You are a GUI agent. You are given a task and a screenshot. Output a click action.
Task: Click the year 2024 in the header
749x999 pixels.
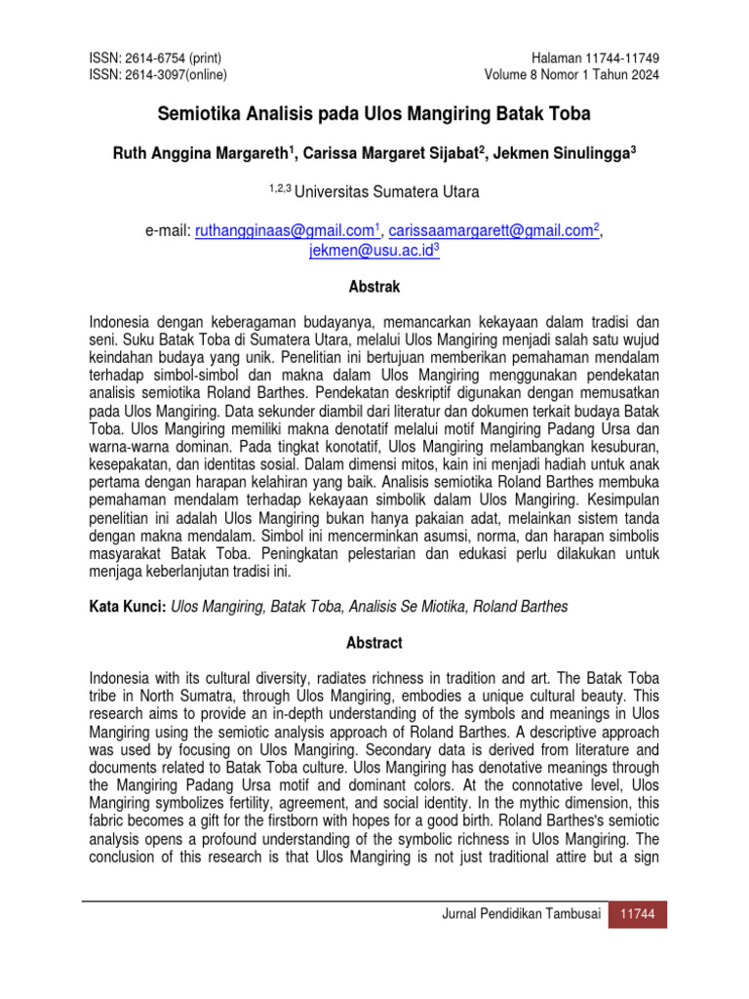642,75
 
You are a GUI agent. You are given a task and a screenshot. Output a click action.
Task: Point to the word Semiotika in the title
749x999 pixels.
195,114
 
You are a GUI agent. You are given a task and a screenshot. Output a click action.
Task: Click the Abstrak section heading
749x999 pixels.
374,288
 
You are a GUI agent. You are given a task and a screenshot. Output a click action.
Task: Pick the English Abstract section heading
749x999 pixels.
374,643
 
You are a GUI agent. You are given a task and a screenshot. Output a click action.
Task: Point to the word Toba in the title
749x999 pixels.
570,114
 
